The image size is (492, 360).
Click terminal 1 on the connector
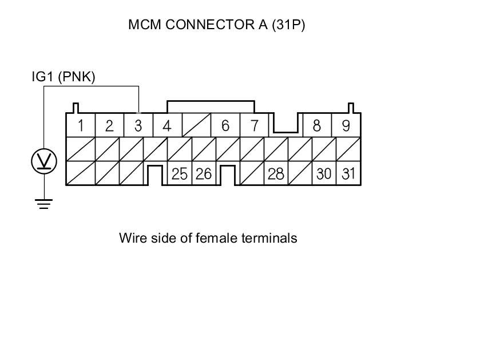pyautogui.click(x=81, y=126)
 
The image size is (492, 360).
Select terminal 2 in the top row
pyautogui.click(x=109, y=126)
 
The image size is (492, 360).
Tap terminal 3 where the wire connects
pyautogui.click(x=138, y=126)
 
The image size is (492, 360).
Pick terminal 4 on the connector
pyautogui.click(x=166, y=126)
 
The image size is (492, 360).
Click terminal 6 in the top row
pyautogui.click(x=225, y=126)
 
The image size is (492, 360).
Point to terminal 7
pyautogui.click(x=254, y=126)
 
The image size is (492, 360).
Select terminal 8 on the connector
pyautogui.click(x=316, y=126)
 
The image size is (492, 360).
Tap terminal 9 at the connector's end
pyautogui.click(x=346, y=126)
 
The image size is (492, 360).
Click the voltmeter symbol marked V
pyautogui.click(x=44, y=162)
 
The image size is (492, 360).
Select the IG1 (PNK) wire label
pyautogui.click(x=64, y=77)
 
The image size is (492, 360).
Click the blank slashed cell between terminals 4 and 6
pyautogui.click(x=196, y=126)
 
